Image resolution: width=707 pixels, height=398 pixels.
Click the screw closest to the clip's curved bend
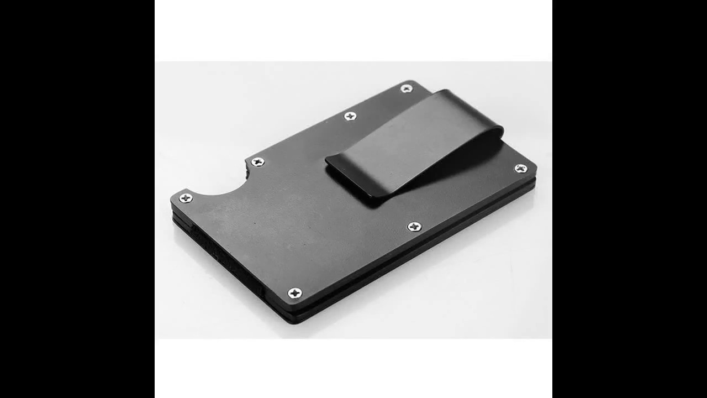coord(407,88)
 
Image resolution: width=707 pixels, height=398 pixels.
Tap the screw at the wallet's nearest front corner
coord(295,292)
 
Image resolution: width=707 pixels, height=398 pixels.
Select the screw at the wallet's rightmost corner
coord(520,169)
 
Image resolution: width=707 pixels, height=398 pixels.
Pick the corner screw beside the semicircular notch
coord(186,198)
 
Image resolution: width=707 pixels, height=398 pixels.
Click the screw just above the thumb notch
coord(257,161)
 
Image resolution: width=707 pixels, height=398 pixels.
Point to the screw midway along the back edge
coord(350,116)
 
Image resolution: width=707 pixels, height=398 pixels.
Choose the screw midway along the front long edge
coord(414,226)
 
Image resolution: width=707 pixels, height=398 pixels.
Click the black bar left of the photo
coord(77,199)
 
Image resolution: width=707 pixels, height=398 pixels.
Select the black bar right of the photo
coord(630,199)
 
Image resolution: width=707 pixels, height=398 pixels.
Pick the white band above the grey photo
coord(353,30)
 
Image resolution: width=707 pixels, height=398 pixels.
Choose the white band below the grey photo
coord(353,368)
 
